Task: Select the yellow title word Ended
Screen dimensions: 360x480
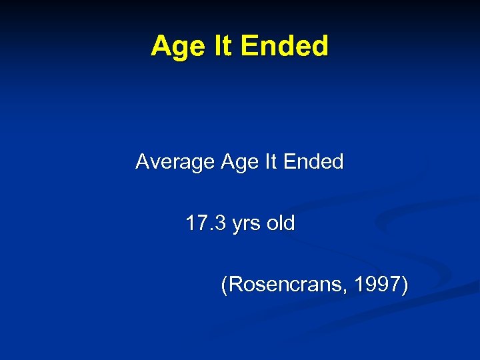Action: [284, 46]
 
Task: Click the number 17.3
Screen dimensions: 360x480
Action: [207, 223]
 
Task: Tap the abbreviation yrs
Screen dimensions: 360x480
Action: [247, 225]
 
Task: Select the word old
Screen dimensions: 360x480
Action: [281, 223]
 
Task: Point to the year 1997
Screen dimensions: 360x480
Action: [377, 285]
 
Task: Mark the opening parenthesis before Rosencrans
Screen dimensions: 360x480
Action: [225, 286]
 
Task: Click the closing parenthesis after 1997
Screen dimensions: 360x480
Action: [405, 286]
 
